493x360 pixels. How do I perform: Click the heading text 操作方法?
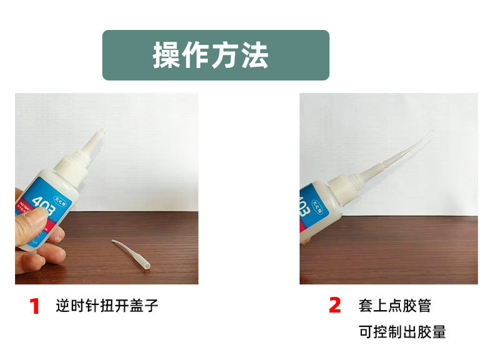point(210,56)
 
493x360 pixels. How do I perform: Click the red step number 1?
point(35,306)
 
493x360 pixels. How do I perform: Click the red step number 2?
point(335,305)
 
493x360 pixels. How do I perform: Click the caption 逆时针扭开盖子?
point(107,306)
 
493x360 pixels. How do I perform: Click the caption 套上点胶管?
point(394,306)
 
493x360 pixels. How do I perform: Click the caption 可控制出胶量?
point(403,331)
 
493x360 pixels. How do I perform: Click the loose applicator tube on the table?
point(130,254)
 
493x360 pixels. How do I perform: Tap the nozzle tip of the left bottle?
point(101,132)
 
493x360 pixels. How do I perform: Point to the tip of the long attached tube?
point(431,132)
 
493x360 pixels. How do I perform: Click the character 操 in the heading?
point(167,56)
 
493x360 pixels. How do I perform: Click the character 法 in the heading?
point(254,56)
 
